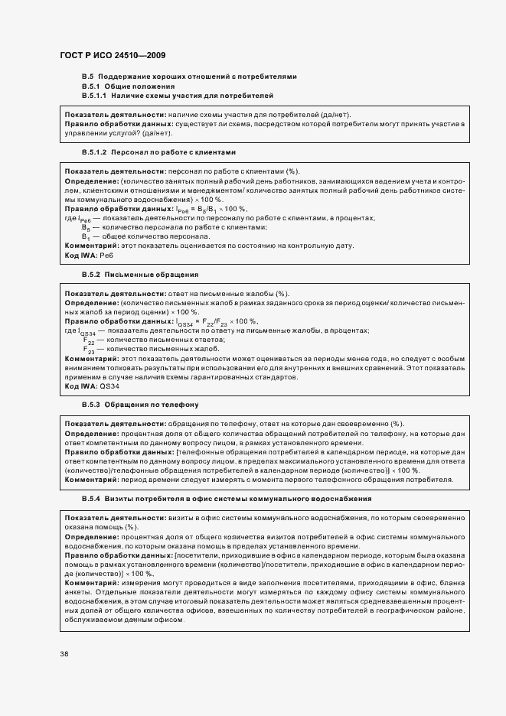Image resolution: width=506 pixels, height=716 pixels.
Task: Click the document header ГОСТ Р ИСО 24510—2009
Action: point(113,56)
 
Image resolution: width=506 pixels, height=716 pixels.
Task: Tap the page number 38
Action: point(64,653)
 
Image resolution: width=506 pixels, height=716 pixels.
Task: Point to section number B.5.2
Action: point(90,274)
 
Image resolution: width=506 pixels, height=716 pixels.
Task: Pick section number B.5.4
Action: point(90,498)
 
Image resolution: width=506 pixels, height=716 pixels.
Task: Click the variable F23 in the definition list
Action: point(89,349)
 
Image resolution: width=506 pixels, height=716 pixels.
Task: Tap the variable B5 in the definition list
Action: point(87,227)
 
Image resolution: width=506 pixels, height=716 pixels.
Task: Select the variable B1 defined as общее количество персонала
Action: point(87,236)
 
